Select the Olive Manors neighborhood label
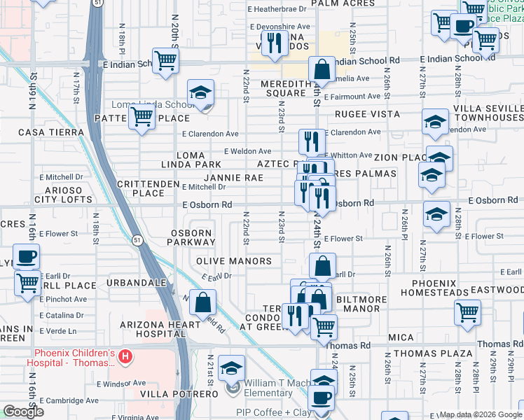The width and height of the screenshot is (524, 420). pos(233,261)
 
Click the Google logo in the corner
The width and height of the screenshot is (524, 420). pos(23,412)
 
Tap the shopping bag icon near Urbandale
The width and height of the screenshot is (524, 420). pos(202,302)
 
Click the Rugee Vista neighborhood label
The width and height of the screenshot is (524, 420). pos(367,113)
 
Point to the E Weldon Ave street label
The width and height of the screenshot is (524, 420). pos(247,151)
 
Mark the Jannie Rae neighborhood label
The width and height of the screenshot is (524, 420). pos(234,178)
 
